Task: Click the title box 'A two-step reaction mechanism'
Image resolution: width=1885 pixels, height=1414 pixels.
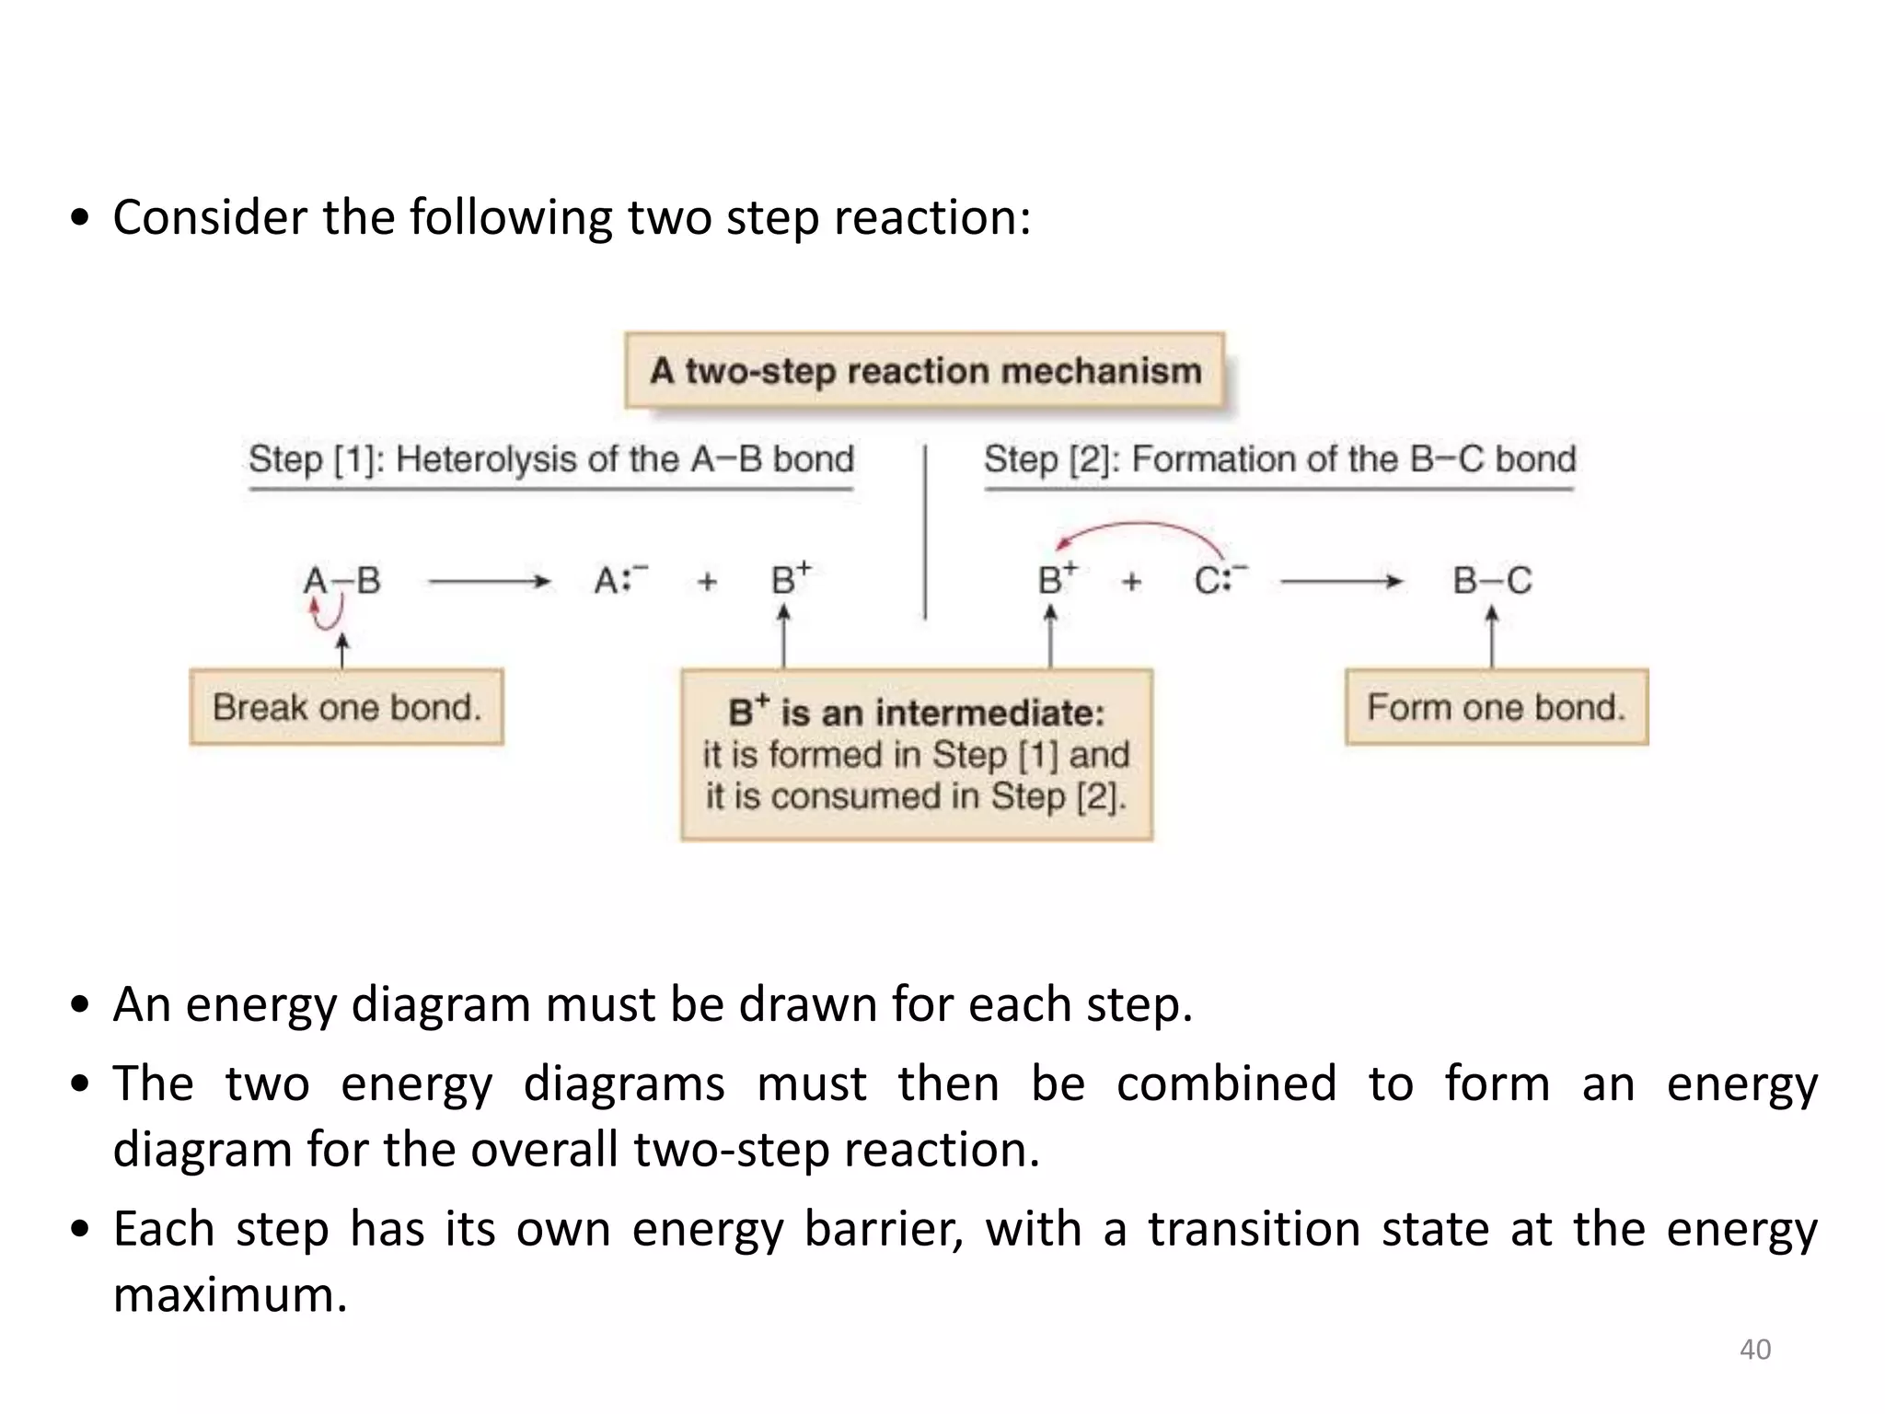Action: (924, 371)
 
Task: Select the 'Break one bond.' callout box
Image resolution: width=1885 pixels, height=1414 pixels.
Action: (346, 707)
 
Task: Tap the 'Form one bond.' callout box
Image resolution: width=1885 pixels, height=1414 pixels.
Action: (1496, 707)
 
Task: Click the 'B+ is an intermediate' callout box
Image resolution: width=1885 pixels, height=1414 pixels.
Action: (917, 755)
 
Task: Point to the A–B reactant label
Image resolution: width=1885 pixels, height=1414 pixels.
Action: (341, 581)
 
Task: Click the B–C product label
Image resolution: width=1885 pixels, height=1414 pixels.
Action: (1492, 581)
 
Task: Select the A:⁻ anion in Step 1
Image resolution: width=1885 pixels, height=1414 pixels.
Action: (619, 580)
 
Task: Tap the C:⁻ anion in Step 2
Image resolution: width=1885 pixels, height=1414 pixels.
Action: (1220, 580)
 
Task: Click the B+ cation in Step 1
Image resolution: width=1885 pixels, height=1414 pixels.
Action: (790, 580)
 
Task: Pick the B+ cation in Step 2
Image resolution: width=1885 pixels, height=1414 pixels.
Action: (1056, 580)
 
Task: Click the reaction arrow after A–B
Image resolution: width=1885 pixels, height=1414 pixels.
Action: (489, 582)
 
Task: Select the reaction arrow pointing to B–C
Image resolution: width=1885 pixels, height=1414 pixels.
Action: (1341, 582)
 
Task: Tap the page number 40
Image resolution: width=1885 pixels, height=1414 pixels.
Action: (1754, 1350)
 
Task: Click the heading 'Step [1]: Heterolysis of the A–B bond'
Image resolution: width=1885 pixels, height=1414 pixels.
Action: (551, 459)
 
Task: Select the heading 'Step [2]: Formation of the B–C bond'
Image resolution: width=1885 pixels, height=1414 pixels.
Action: (1279, 459)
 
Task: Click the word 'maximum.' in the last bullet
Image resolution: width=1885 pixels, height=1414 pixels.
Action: (230, 1295)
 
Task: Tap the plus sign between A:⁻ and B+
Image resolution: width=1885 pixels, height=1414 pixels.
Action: (707, 582)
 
